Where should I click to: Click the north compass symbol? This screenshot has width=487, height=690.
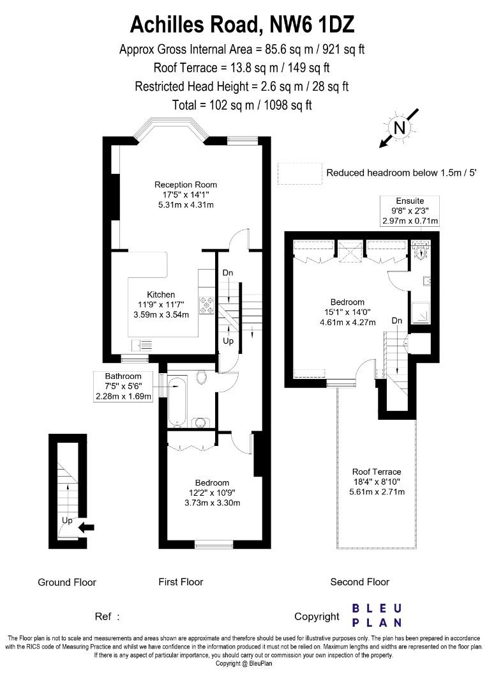(400, 128)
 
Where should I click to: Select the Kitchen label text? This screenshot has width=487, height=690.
(161, 295)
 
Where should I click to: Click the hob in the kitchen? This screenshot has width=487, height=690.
(207, 306)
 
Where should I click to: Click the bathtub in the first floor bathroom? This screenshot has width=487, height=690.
(176, 402)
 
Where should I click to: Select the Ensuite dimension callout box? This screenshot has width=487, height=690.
(410, 211)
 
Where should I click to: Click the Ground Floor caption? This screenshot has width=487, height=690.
(67, 582)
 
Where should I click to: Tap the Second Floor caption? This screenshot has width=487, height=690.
(359, 582)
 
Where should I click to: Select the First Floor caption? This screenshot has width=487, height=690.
(181, 582)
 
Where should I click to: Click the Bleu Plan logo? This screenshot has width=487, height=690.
(378, 615)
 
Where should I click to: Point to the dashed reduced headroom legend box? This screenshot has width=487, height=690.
(299, 172)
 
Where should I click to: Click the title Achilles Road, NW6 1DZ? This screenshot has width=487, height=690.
(243, 24)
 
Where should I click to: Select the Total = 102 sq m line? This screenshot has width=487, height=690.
(242, 105)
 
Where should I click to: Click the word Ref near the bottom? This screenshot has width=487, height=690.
(105, 617)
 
